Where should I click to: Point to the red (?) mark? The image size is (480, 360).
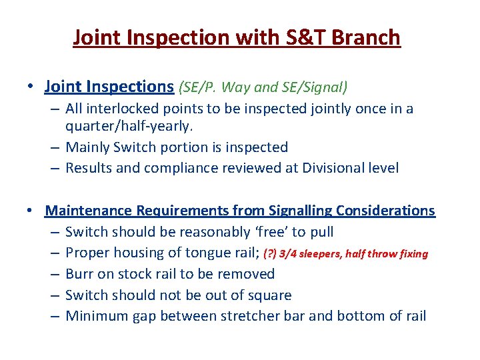(270, 254)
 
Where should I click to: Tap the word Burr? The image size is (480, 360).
(79, 274)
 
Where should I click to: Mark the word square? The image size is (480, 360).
(269, 295)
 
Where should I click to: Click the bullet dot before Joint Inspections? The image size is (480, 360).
(31, 87)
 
